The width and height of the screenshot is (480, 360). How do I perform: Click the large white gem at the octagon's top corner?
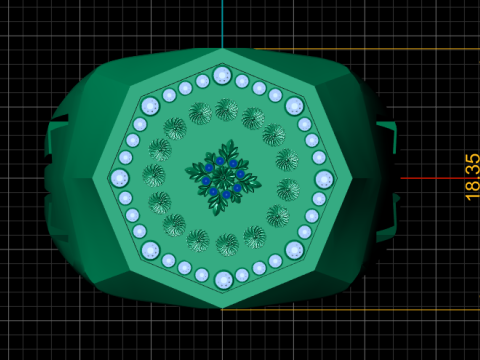(x=222, y=76)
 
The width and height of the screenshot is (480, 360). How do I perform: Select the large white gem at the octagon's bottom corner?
(x=223, y=280)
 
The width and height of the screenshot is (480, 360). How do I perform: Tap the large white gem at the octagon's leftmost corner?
(x=119, y=178)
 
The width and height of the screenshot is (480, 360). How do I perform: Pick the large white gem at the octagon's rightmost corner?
(x=324, y=179)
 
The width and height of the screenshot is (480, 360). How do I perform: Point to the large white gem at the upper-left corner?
(x=150, y=106)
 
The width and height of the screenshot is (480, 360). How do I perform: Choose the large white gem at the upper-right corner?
(x=295, y=106)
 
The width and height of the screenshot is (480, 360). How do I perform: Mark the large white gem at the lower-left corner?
(x=150, y=250)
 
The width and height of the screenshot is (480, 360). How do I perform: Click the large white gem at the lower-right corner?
(x=295, y=250)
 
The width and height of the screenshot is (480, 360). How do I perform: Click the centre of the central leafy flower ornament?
(x=223, y=178)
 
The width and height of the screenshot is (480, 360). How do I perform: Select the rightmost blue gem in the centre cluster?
(x=240, y=174)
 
